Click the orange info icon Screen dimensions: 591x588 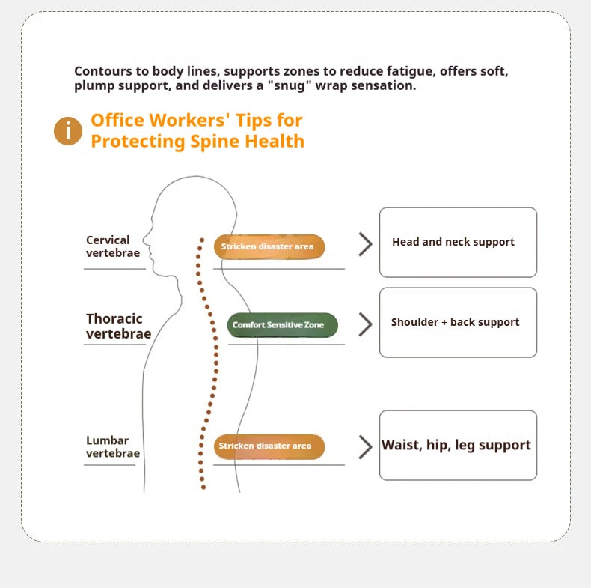(x=68, y=131)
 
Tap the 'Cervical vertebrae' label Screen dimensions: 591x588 (x=113, y=246)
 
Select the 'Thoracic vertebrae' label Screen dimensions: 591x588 (x=118, y=326)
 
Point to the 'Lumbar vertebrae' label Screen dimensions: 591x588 (x=113, y=446)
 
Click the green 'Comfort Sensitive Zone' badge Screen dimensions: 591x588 (x=282, y=325)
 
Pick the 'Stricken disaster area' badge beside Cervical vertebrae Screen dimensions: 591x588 (x=269, y=247)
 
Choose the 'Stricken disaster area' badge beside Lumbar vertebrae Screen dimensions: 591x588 (x=269, y=447)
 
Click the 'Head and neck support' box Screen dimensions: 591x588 (x=458, y=242)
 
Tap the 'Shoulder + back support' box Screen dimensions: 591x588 (x=458, y=322)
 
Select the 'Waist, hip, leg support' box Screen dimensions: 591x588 (x=458, y=446)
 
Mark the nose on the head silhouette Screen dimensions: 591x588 (x=144, y=239)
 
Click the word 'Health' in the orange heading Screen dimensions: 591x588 (x=275, y=141)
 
